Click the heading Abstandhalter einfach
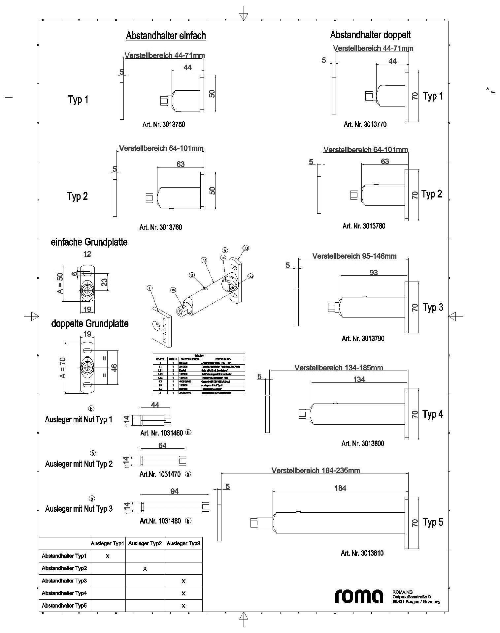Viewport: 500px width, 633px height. pyautogui.click(x=166, y=36)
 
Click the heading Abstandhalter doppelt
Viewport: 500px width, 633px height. pyautogui.click(x=370, y=35)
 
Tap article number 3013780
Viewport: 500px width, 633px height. pyautogui.click(x=364, y=226)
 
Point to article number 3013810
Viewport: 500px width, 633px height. pyautogui.click(x=362, y=553)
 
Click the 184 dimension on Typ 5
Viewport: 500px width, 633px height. pyautogui.click(x=340, y=488)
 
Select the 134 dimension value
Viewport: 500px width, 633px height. pyautogui.click(x=359, y=379)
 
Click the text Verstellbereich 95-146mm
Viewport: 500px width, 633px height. pyautogui.click(x=354, y=256)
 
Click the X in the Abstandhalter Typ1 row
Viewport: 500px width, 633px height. pyautogui.click(x=108, y=556)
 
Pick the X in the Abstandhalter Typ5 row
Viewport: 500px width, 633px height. pyautogui.click(x=183, y=606)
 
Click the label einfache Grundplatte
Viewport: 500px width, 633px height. pyautogui.click(x=89, y=242)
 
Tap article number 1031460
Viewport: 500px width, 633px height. pyautogui.click(x=162, y=433)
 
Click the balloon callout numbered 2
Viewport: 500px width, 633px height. pyautogui.click(x=150, y=288)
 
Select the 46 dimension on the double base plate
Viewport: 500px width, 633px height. pyautogui.click(x=114, y=368)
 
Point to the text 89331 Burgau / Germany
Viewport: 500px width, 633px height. pyautogui.click(x=416, y=602)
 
